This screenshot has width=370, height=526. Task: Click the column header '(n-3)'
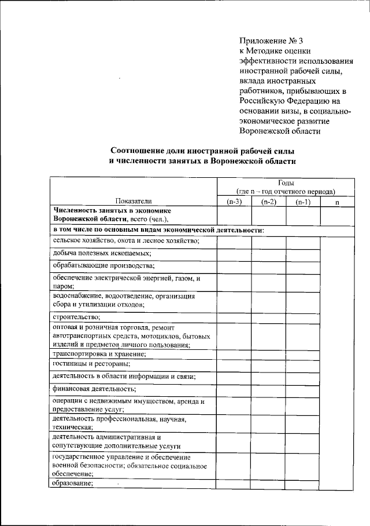[234, 201]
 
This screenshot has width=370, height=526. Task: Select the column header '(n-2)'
[268, 201]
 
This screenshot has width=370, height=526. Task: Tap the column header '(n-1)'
[302, 201]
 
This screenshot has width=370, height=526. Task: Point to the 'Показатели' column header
[132, 201]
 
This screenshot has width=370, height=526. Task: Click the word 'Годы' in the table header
[285, 182]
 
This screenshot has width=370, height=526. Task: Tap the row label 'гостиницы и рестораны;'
[91, 364]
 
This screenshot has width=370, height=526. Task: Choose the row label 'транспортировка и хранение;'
[99, 353]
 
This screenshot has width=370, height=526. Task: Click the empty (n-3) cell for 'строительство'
[234, 316]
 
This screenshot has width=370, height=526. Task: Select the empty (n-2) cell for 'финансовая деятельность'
[268, 388]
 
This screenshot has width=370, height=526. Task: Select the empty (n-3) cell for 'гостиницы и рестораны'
[234, 364]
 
